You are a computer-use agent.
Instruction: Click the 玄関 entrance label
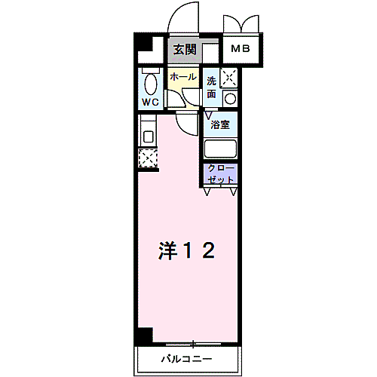(x=185, y=50)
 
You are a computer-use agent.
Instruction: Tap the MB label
(x=241, y=50)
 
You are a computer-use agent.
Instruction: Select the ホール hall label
(x=182, y=77)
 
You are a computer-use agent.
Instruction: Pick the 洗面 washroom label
(x=212, y=87)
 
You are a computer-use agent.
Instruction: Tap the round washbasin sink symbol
(x=229, y=97)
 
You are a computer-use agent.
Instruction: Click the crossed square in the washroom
(x=229, y=77)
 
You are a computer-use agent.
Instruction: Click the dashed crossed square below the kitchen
(x=147, y=158)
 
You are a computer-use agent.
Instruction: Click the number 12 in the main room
(x=202, y=250)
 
